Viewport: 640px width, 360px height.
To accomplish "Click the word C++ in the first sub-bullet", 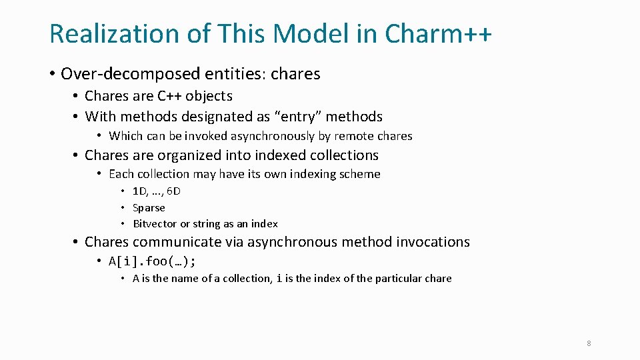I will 169,96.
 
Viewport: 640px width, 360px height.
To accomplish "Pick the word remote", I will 353,136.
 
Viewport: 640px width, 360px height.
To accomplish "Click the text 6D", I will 173,191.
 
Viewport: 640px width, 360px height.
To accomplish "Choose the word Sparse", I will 149,208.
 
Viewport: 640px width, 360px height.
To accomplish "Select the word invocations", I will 433,242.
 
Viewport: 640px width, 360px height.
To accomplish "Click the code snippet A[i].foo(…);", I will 153,261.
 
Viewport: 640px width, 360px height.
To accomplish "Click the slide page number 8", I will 589,343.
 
